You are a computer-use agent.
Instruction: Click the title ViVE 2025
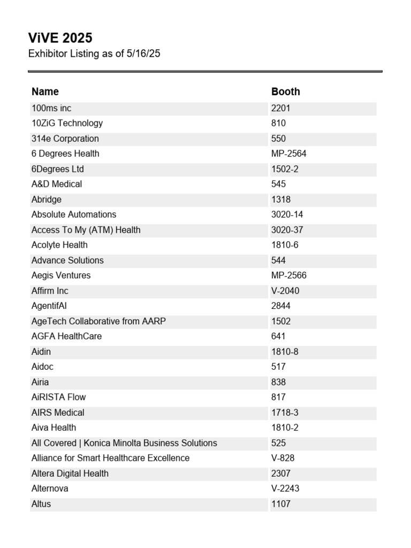(60, 38)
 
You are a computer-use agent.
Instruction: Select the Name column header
(45, 92)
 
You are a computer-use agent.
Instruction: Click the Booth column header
(285, 92)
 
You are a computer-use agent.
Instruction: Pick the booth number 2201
(281, 108)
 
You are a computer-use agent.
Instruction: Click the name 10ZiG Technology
(67, 123)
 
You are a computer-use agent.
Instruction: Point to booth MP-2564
(289, 154)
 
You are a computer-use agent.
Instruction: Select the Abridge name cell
(47, 200)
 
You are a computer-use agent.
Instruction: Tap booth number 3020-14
(287, 215)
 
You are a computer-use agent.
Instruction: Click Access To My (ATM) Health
(86, 230)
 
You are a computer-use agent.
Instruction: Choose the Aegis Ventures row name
(61, 276)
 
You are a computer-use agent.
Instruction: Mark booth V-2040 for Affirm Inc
(285, 291)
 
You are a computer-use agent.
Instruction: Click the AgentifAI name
(49, 306)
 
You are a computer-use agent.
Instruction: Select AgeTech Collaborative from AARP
(98, 321)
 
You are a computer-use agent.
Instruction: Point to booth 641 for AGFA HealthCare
(278, 337)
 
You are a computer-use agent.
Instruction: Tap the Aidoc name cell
(43, 367)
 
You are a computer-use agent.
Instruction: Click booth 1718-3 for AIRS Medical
(285, 413)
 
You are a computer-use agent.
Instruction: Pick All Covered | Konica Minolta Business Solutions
(124, 443)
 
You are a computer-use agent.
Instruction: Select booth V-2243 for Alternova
(285, 489)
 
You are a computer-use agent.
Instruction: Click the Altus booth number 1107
(281, 504)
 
